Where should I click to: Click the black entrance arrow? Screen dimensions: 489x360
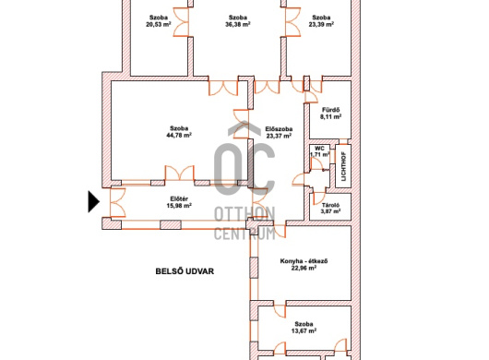(x=93, y=202)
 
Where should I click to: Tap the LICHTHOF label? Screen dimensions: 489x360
(x=343, y=166)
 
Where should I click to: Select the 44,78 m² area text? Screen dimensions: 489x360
(x=179, y=135)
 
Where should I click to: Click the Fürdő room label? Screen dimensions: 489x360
(x=330, y=110)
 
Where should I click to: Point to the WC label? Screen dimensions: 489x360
(x=319, y=149)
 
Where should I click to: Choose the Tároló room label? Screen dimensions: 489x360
(x=330, y=205)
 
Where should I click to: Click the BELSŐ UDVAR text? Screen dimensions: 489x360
(x=185, y=271)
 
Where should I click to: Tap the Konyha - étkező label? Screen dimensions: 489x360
(x=304, y=261)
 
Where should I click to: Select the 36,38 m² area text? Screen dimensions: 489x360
(x=238, y=24)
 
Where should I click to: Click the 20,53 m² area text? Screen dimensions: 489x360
(x=159, y=24)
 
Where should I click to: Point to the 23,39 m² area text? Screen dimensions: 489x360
(x=321, y=24)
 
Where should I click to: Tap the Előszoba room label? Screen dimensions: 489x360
(x=279, y=128)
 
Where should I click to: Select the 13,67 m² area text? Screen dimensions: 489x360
(x=304, y=331)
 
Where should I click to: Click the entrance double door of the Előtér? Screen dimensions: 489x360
(x=117, y=202)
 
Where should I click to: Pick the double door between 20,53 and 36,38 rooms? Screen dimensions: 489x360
(x=181, y=22)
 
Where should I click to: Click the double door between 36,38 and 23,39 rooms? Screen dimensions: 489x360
(x=292, y=22)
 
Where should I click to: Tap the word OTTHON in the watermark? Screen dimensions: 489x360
(x=244, y=214)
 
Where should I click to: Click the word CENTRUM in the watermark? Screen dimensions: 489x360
(x=244, y=233)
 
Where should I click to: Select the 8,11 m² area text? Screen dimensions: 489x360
(x=330, y=116)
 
